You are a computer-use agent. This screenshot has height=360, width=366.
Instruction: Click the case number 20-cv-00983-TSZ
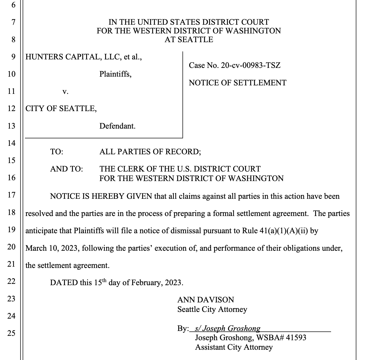[x=251, y=65]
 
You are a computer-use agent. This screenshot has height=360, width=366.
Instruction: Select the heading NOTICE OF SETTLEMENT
[x=237, y=83]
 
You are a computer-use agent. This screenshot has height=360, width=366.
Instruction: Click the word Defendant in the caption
[x=117, y=126]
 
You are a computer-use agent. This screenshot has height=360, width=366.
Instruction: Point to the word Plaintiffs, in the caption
[x=115, y=74]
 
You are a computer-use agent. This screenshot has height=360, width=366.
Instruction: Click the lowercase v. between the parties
[x=66, y=91]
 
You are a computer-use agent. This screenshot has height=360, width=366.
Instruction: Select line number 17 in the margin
[x=11, y=195]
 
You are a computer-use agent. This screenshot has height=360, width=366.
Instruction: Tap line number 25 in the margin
[x=11, y=333]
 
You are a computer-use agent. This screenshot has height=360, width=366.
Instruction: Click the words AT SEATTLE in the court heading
[x=189, y=40]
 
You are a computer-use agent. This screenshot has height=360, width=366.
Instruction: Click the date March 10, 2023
[x=51, y=248]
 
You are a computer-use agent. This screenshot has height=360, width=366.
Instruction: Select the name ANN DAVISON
[x=206, y=300]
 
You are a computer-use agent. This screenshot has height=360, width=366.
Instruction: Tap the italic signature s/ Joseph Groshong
[x=227, y=328]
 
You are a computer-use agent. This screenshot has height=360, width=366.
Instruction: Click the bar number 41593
[x=296, y=337]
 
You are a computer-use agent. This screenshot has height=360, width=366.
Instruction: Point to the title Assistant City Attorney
[x=234, y=347]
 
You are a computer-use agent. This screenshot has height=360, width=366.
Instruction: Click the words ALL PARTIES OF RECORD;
[x=150, y=152]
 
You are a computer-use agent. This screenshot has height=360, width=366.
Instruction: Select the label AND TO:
[x=67, y=169]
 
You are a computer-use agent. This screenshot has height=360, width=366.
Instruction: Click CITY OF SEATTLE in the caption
[x=61, y=109]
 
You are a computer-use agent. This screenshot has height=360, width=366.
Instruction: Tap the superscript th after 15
[x=104, y=280]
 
